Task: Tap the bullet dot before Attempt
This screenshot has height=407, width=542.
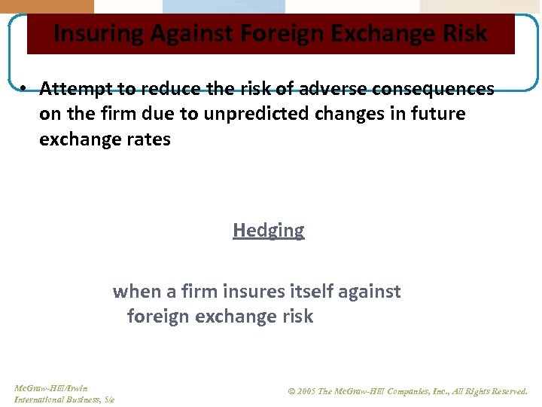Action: click(24, 89)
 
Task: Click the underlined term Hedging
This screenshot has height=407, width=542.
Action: click(269, 231)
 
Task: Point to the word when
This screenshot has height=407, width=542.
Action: click(132, 291)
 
